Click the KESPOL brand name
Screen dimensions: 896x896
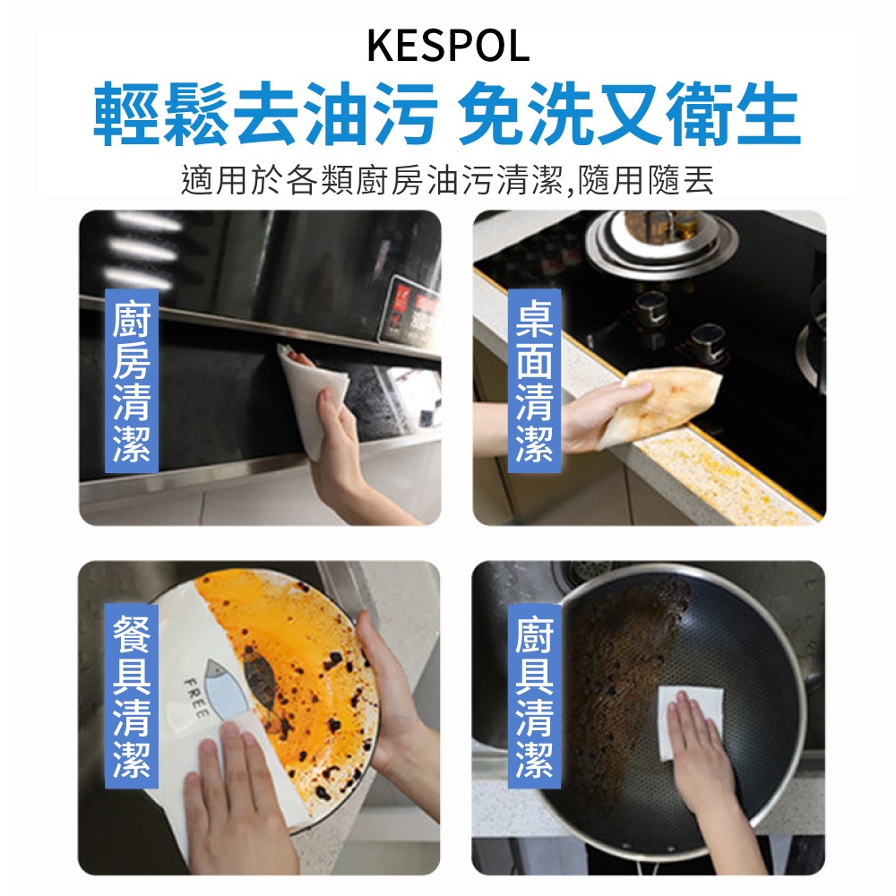point(448,47)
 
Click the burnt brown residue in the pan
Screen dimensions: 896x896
point(618,681)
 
